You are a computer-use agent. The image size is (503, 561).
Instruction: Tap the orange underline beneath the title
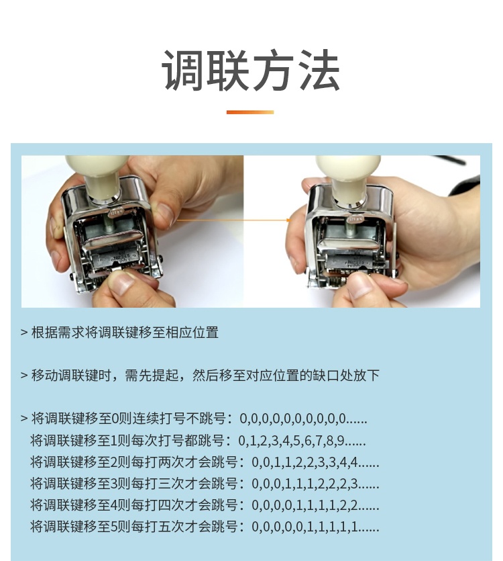[x=250, y=112]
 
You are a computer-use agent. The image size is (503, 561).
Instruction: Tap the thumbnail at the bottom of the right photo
[x=361, y=286]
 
